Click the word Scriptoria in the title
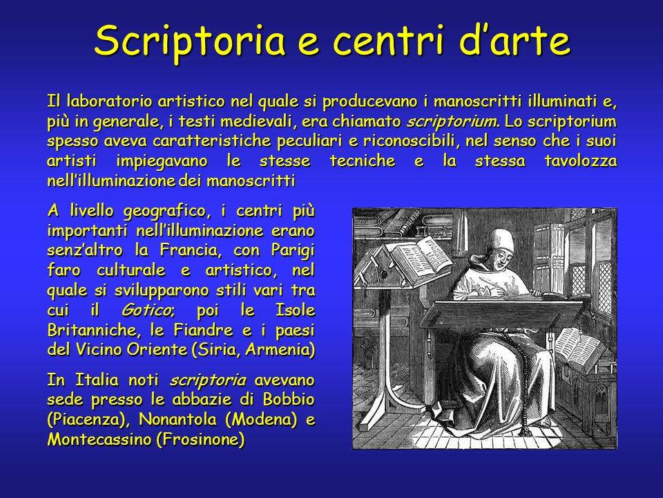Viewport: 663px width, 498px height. pos(190,41)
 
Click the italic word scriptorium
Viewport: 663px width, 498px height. pos(452,122)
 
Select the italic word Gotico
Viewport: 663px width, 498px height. pos(146,311)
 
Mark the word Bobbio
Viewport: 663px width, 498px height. pos(289,399)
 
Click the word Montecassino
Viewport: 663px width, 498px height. pos(99,440)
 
